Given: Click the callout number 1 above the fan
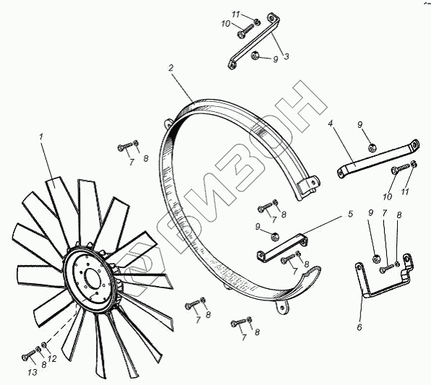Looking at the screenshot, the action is coord(41,137).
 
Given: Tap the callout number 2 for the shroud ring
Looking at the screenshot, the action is coord(171,68).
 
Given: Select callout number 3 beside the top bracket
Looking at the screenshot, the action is coord(287,57).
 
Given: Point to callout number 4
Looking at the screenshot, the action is coord(331,124).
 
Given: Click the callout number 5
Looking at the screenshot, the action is coord(350,214).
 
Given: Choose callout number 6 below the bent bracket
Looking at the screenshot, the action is coord(360,327).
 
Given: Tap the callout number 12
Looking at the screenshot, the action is coord(52,358).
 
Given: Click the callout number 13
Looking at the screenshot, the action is coord(32,372).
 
